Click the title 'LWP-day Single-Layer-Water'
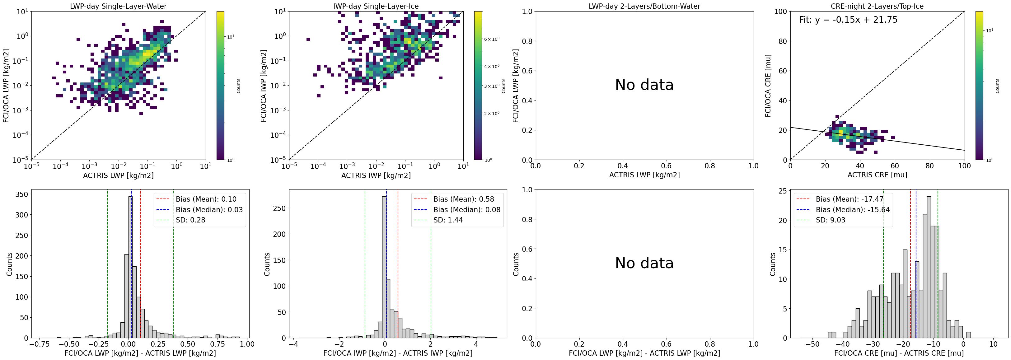tap(118, 6)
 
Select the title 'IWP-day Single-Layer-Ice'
tap(376, 6)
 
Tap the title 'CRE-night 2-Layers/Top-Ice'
tap(877, 6)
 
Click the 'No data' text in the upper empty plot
tap(644, 85)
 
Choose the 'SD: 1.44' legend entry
tap(448, 220)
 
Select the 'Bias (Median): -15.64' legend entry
tap(852, 210)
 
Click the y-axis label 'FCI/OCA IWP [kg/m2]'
tap(264, 86)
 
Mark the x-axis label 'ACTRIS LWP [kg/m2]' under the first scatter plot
tap(118, 175)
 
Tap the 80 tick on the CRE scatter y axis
tap(783, 41)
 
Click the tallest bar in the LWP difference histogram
tap(130, 267)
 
